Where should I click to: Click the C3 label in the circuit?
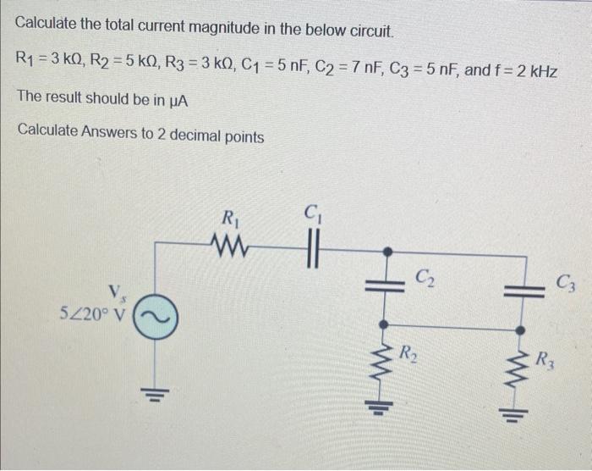tap(566, 281)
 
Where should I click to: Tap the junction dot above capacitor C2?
tap(386, 252)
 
